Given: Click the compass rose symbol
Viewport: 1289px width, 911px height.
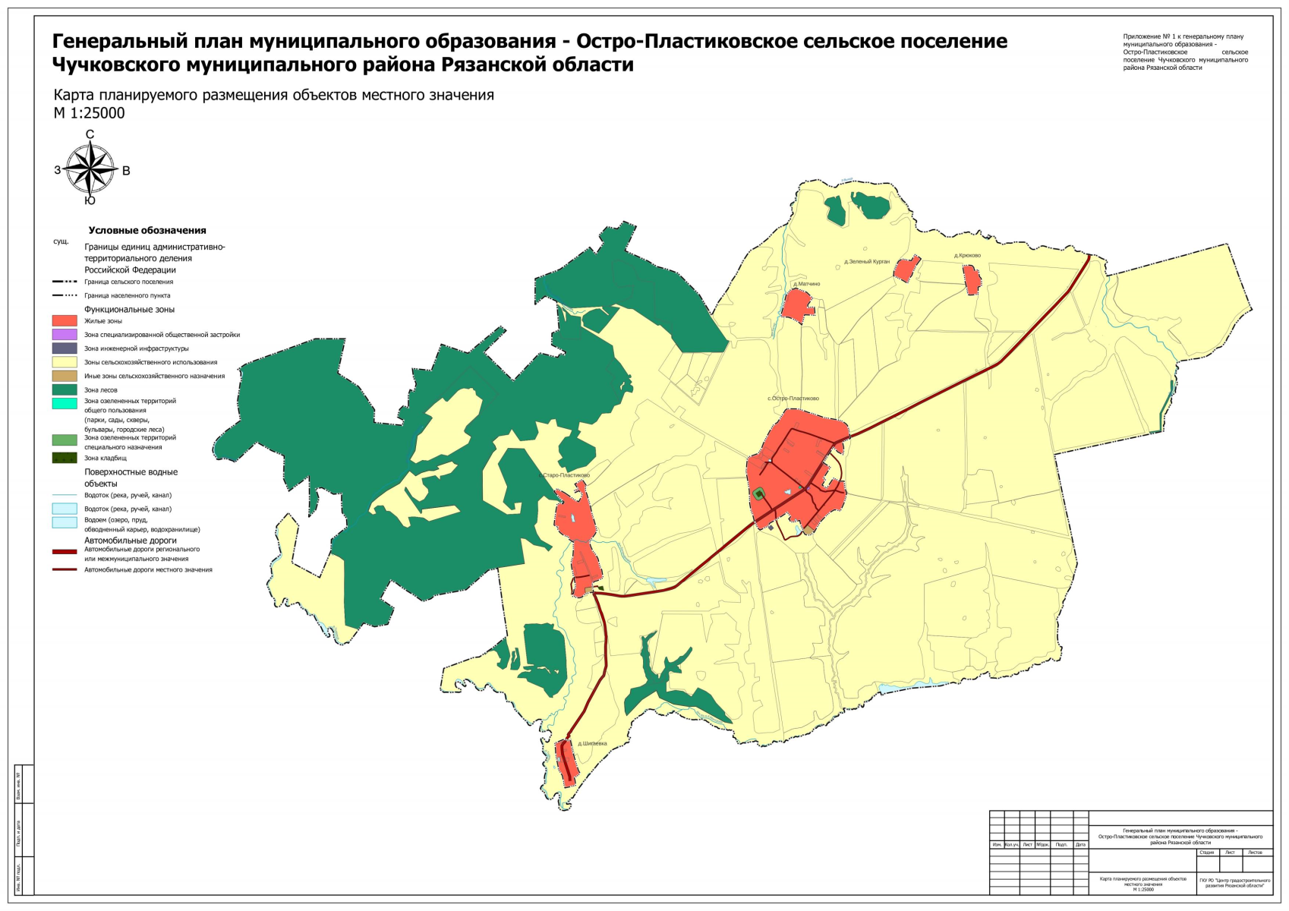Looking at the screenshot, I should pyautogui.click(x=90, y=169).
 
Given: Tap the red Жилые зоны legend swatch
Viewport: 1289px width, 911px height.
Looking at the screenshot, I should pyautogui.click(x=65, y=321).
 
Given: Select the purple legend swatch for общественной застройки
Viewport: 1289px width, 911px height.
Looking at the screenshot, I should pyautogui.click(x=65, y=335).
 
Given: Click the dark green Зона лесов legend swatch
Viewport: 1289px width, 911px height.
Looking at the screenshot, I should pyautogui.click(x=65, y=389).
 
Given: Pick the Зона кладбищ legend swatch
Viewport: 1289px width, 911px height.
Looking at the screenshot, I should pyautogui.click(x=65, y=458).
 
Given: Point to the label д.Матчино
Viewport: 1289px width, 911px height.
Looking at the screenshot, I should pyautogui.click(x=806, y=284).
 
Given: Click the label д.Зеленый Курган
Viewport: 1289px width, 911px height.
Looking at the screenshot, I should pyautogui.click(x=866, y=261).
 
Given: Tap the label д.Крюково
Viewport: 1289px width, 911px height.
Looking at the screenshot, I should pyautogui.click(x=967, y=256).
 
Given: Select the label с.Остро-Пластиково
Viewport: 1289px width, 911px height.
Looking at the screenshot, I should pyautogui.click(x=793, y=399).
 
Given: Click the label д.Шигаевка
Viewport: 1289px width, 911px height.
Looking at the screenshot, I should pyautogui.click(x=592, y=743).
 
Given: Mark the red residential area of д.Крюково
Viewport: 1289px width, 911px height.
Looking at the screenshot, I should pyautogui.click(x=972, y=280).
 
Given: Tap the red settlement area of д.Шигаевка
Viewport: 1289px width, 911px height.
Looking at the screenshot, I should pyautogui.click(x=566, y=762).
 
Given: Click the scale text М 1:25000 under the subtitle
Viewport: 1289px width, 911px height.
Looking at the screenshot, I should pyautogui.click(x=89, y=113).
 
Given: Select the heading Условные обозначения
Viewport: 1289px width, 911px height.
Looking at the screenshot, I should pyautogui.click(x=147, y=230).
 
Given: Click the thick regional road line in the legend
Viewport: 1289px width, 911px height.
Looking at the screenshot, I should pyautogui.click(x=65, y=552).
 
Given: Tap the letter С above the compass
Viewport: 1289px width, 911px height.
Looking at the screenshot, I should pyautogui.click(x=90, y=134).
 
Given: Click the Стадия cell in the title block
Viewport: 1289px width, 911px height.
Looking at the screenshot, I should pyautogui.click(x=1206, y=852).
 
